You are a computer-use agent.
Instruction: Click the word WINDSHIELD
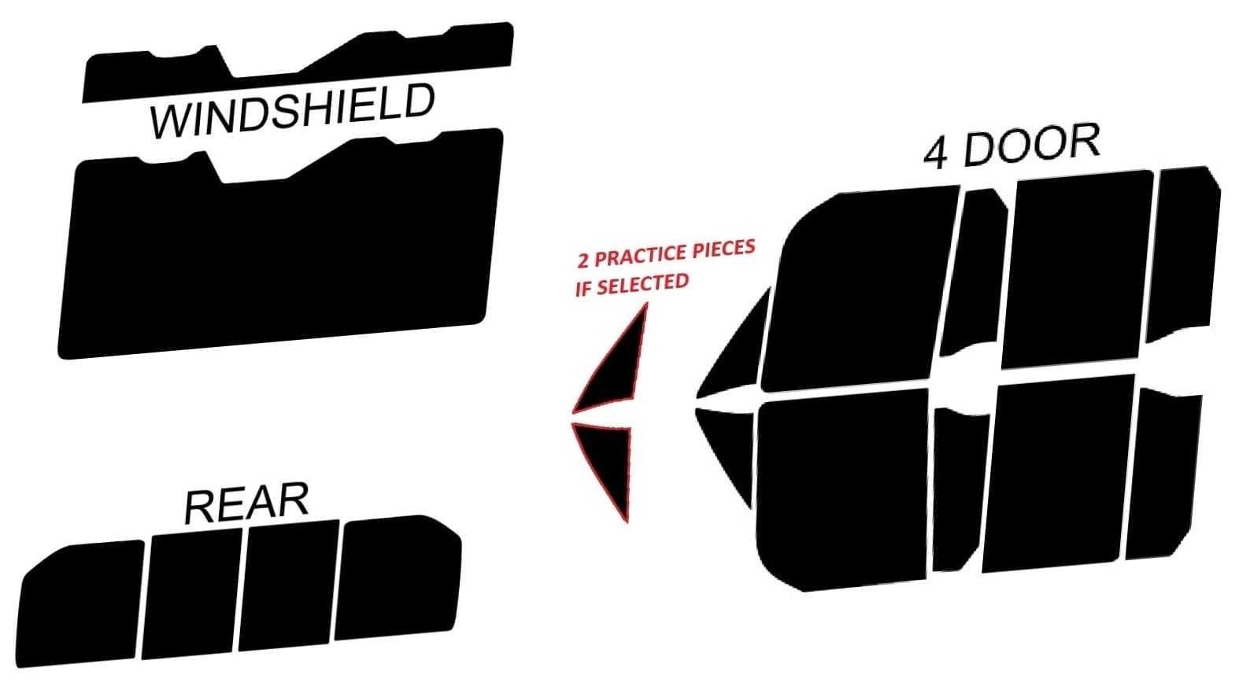tap(292, 112)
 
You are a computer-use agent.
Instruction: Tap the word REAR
tap(246, 504)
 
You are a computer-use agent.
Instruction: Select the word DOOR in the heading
tap(1031, 146)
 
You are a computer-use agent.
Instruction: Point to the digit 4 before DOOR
tap(934, 155)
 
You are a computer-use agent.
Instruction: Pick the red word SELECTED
tap(642, 283)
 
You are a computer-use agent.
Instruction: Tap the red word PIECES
tap(722, 249)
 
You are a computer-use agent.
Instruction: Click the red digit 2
tap(583, 261)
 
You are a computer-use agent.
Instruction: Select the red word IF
tap(583, 289)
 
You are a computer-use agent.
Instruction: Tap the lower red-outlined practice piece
tap(610, 464)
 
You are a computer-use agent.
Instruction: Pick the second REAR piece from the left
tap(193, 594)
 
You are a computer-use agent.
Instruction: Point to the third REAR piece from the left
tap(290, 586)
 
